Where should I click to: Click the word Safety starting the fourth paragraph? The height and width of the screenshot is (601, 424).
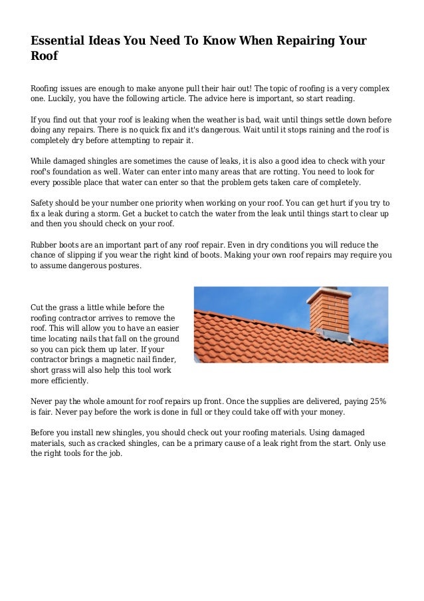click(45, 202)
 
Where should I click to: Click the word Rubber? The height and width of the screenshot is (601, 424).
click(46, 244)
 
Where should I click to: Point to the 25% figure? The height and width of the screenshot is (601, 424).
click(378, 402)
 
